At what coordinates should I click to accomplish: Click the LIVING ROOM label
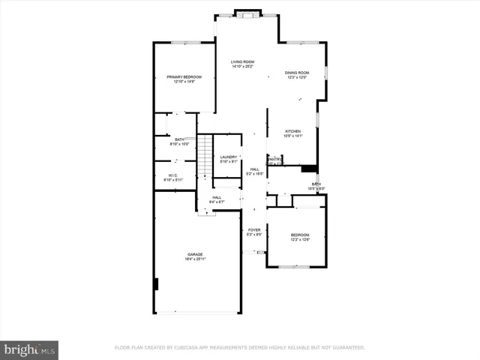[242, 62]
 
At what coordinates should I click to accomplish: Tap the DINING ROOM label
[297, 73]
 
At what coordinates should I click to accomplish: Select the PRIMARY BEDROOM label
[184, 76]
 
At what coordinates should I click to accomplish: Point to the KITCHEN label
[293, 131]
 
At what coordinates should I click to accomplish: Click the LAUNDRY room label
[228, 157]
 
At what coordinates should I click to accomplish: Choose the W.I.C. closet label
[172, 176]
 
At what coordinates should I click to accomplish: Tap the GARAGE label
[195, 254]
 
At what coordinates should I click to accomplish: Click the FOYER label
[254, 230]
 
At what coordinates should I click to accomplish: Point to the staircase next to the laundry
[204, 157]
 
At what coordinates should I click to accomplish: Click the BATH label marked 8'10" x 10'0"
[179, 139]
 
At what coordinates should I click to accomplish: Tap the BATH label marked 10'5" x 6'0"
[316, 184]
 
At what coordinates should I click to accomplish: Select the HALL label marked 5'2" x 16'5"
[255, 169]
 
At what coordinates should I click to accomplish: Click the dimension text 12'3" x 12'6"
[300, 239]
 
